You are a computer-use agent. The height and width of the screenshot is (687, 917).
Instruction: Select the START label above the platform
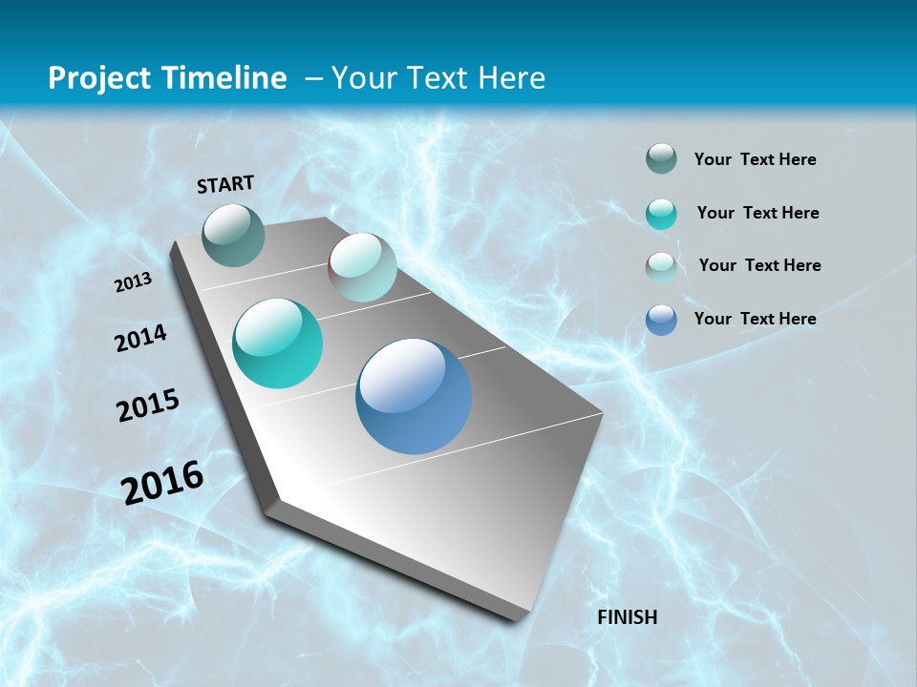coord(225,184)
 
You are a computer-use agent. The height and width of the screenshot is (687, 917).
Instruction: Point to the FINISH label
coord(628,617)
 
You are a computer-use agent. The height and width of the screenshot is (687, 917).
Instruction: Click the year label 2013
coord(134,282)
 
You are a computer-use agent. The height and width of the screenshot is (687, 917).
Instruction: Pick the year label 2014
coord(141,338)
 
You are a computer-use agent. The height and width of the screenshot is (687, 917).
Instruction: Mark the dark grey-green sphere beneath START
coord(234,235)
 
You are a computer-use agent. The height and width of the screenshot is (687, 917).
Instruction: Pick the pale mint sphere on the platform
coord(362,267)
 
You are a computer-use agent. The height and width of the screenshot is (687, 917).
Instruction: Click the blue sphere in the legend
coord(661,320)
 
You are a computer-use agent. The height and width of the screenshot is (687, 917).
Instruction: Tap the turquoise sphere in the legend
coord(661,214)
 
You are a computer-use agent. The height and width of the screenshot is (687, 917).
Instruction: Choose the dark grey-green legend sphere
coord(661,159)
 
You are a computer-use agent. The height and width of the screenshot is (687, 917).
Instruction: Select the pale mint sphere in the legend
coord(661,266)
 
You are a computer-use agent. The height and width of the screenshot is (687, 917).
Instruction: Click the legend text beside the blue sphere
coord(755,319)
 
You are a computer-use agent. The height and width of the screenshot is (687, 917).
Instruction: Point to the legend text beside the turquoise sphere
coord(757,213)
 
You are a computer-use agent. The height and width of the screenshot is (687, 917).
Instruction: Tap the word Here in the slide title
coord(512,78)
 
